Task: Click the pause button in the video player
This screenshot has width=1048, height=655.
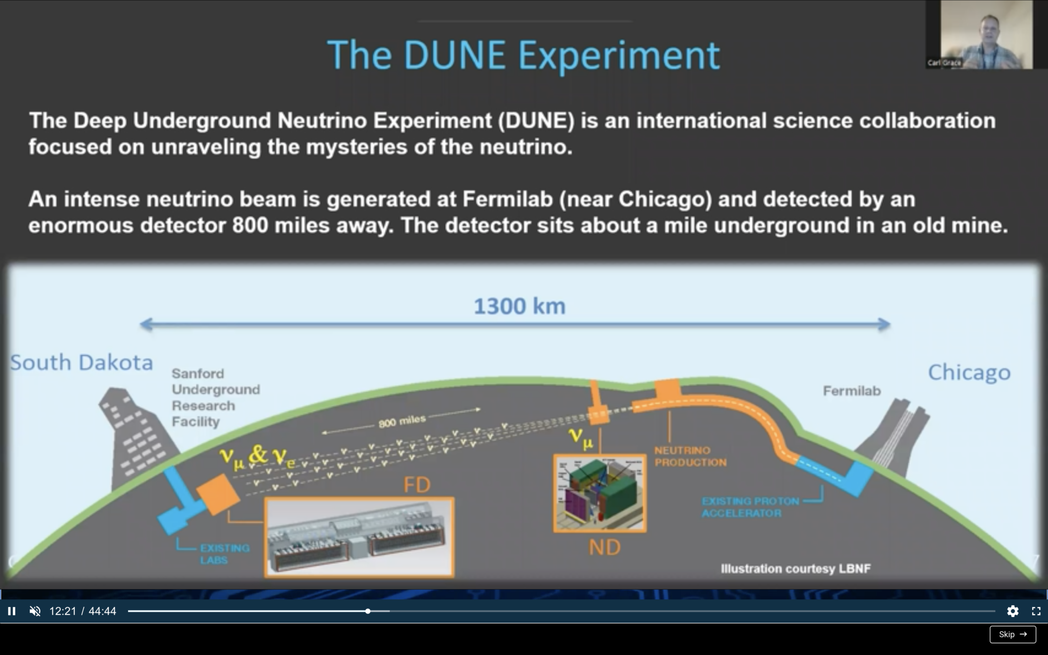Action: pos(11,611)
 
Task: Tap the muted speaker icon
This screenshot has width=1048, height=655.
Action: pos(35,611)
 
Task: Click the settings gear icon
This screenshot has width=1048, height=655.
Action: pos(1012,611)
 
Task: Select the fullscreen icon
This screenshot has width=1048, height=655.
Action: pos(1036,611)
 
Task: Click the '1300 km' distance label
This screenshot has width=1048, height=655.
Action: pos(519,307)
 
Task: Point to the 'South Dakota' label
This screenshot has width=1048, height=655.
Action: pos(81,362)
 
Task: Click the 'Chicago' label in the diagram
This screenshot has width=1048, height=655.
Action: pos(969,372)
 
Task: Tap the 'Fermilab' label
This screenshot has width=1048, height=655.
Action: pos(851,391)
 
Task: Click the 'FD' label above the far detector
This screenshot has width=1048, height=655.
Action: pos(417,485)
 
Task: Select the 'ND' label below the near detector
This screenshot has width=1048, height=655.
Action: pos(604,548)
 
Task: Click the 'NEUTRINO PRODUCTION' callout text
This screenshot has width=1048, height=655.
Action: pos(690,456)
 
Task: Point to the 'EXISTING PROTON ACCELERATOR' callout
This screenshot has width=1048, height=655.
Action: pos(750,507)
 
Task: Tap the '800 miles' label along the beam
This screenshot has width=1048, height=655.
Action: pos(402,421)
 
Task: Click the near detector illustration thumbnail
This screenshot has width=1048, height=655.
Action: pos(600,493)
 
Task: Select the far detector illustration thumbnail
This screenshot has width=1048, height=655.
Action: pos(359,537)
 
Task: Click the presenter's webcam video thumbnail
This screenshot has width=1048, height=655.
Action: pos(986,35)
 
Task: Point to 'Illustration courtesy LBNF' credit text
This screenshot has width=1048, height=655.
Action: pos(795,569)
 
